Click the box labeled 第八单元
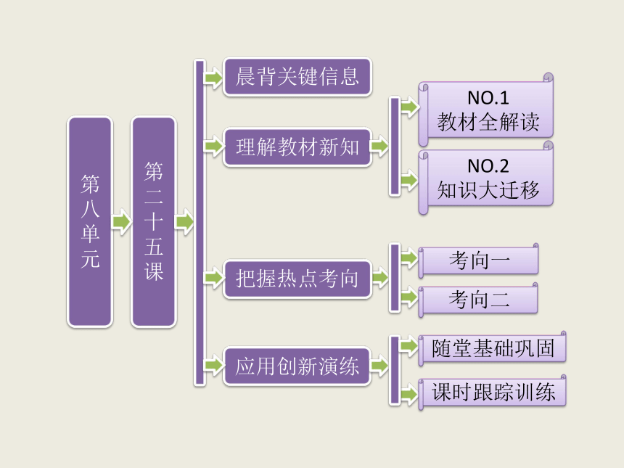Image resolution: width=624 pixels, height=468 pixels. coord(90,221)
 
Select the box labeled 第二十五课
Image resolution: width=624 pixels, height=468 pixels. coord(154,221)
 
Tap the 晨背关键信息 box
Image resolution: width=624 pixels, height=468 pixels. coord(297,77)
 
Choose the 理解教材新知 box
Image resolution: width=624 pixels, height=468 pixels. coord(297,147)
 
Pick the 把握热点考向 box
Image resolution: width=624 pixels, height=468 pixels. coord(297,279)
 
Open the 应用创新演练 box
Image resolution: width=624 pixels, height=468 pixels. coord(297,366)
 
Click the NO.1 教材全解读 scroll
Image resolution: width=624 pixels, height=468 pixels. coord(486,110)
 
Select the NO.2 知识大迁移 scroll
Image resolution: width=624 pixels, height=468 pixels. coord(486,178)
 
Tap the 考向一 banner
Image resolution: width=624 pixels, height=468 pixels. coord(479,260)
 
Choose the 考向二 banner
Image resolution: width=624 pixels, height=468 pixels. coord(479,300)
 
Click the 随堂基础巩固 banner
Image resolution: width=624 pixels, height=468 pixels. coord(493,348)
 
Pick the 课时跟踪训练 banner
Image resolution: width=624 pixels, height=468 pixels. coord(493,392)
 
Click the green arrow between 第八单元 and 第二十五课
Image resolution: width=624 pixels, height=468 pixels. coord(122,221)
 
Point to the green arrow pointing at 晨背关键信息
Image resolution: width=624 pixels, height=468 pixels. coord(214,77)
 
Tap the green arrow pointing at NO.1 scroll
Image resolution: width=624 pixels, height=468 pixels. coord(409,107)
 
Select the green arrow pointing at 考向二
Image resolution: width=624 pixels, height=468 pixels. coord(409,297)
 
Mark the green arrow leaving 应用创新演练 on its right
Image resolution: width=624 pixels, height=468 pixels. coord(380,365)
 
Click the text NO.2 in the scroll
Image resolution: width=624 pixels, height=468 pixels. coord(488,166)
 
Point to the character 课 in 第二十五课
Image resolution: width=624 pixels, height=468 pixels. coord(154,271)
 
